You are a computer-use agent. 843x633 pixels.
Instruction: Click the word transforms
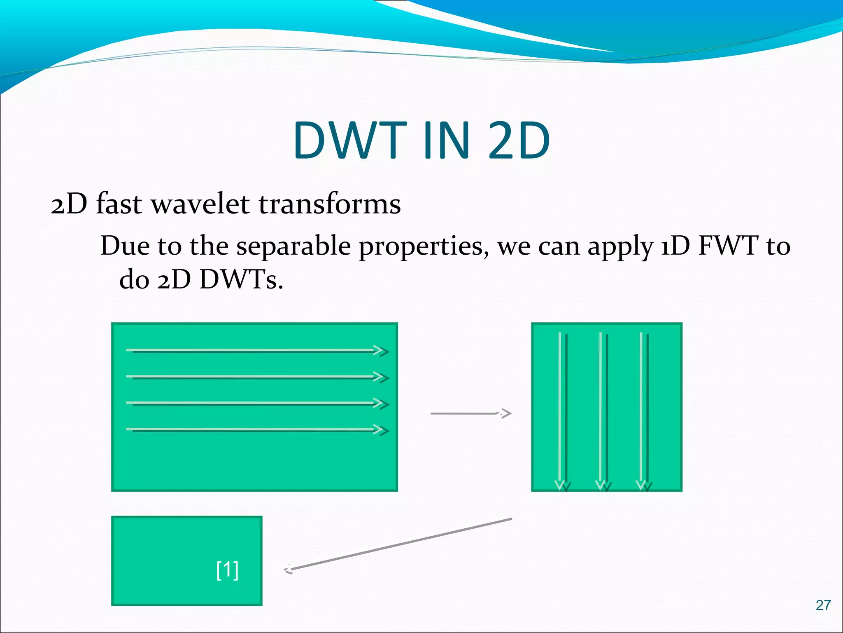tap(330, 204)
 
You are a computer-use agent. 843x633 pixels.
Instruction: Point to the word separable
tap(293, 247)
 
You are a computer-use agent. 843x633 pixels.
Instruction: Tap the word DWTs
tap(241, 280)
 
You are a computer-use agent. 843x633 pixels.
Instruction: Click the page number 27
tap(823, 605)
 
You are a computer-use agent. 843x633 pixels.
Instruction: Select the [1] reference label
tap(227, 570)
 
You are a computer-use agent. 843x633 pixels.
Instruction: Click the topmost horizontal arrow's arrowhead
tap(381, 351)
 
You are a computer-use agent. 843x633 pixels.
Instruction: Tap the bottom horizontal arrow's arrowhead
tap(381, 430)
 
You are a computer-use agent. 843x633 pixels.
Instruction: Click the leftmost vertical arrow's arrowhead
tap(562, 485)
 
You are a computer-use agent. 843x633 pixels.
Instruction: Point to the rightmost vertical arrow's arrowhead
tap(644, 485)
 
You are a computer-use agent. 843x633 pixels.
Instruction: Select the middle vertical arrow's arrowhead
tap(603, 485)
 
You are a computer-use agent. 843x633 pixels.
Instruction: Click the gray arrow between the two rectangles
tap(470, 413)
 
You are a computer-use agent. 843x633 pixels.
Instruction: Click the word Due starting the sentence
tap(125, 246)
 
